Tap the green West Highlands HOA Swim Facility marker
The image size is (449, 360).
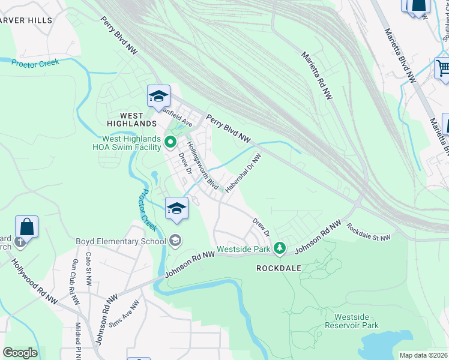coord(170,142)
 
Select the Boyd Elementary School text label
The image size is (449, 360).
coord(120,242)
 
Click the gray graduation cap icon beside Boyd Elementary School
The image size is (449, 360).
coord(175,241)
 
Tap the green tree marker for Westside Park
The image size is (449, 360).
coord(279,248)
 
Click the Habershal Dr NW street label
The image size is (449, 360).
coord(243,173)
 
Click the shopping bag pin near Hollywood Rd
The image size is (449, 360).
coord(26,227)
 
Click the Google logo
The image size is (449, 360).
coord(20,353)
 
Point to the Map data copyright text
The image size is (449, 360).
coord(423,355)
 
